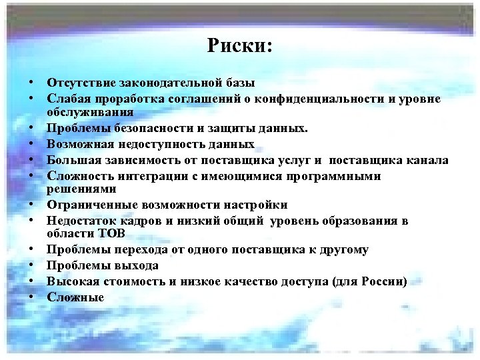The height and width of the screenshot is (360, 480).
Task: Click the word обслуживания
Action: point(86,112)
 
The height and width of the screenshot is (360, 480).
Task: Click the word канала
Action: point(427,160)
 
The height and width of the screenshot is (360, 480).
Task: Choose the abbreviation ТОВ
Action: point(107,234)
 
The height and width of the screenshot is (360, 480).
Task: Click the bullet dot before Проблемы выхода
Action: point(31,265)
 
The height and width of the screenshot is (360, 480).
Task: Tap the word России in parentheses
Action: point(381,281)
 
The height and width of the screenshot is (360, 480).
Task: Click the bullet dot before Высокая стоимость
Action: point(31,281)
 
